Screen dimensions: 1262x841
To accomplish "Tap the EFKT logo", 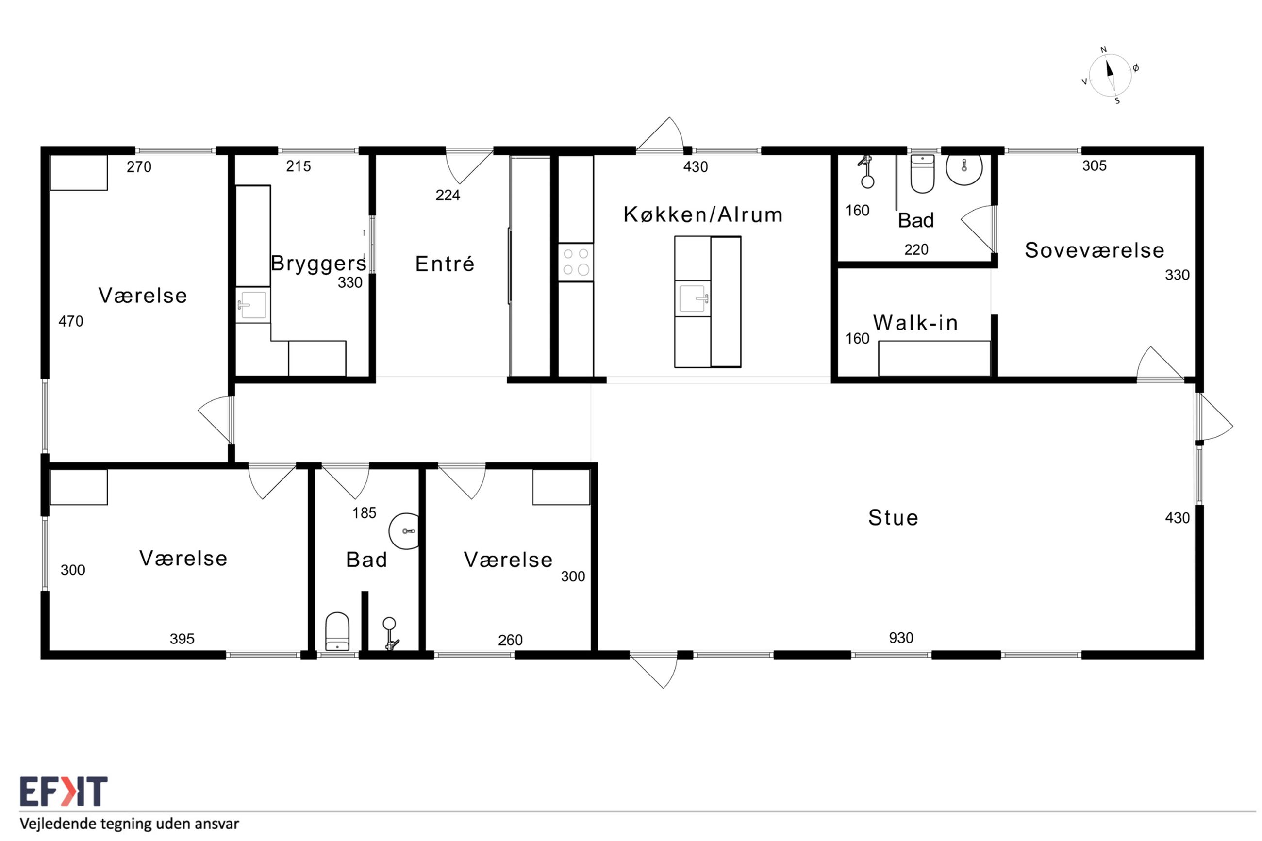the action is (64, 791).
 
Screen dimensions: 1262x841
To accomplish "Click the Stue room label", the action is (893, 518).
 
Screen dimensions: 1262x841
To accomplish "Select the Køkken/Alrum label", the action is (703, 214).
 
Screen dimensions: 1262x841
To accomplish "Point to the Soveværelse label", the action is (1094, 250).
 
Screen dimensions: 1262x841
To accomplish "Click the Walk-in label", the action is (915, 322).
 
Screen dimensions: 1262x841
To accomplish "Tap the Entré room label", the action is (445, 264).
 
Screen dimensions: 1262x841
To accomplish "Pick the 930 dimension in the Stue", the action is (901, 638).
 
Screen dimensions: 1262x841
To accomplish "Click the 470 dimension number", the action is (71, 321).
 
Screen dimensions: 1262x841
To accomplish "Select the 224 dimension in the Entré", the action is (448, 195).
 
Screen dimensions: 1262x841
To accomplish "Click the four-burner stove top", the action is (576, 262).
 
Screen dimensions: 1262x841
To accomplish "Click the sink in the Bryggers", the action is (252, 305).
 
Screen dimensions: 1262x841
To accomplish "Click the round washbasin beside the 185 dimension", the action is (404, 531).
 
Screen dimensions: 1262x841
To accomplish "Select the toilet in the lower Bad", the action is (337, 631).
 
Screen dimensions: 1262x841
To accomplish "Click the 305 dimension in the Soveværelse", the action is (1094, 166).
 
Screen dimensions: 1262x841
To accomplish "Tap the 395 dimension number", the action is (182, 639).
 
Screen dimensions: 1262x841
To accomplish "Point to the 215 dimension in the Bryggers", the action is (298, 166).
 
